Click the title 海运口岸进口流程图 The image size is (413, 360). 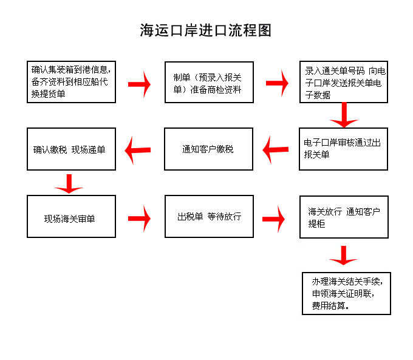click(x=205, y=30)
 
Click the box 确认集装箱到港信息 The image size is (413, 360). click(x=72, y=82)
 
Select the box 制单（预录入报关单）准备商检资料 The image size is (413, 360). click(x=209, y=82)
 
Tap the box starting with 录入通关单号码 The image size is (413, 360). click(x=344, y=82)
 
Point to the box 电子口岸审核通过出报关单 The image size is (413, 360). click(x=344, y=149)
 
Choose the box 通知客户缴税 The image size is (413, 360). click(x=208, y=149)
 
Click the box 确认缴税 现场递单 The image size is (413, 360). click(x=72, y=149)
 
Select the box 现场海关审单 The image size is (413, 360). click(x=72, y=217)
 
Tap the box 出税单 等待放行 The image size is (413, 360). click(x=209, y=217)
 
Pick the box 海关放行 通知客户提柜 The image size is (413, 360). click(x=344, y=217)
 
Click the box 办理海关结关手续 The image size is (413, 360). click(x=346, y=293)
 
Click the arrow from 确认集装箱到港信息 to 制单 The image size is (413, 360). click(x=139, y=84)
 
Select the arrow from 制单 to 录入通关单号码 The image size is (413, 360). click(x=277, y=83)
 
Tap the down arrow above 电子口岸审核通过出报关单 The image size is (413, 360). click(x=344, y=115)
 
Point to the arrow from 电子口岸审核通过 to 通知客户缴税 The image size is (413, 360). click(x=276, y=149)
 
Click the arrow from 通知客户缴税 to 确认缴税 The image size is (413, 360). click(x=138, y=150)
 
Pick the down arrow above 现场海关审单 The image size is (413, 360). click(x=69, y=184)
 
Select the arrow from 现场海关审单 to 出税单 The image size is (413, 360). click(x=139, y=219)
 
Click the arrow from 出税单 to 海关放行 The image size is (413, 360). click(x=273, y=219)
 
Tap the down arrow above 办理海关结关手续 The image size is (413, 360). click(x=344, y=256)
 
